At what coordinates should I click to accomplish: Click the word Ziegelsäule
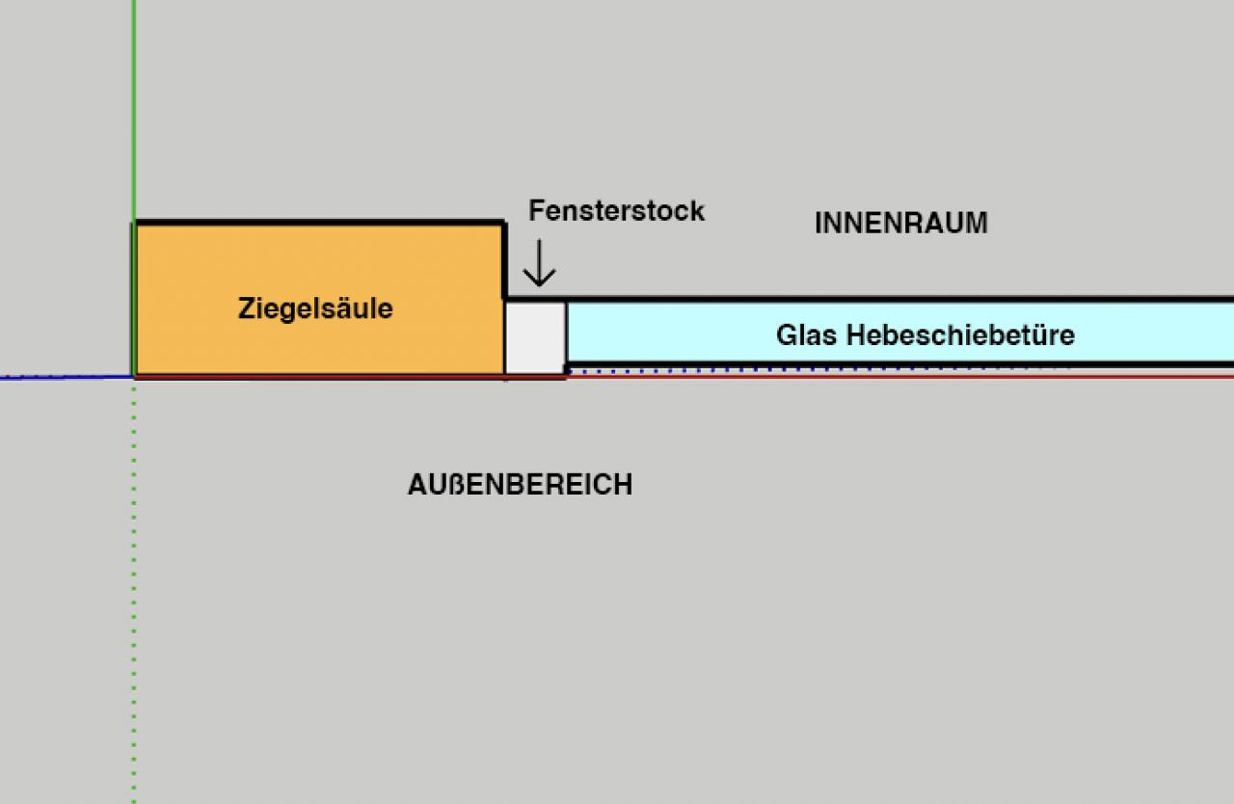pos(315,309)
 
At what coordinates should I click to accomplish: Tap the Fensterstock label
pos(616,211)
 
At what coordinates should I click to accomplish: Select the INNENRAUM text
pos(900,224)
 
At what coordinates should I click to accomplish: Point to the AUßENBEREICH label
pos(520,484)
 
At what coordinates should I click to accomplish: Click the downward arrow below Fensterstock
pos(539,262)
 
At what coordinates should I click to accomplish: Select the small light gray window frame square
pos(535,337)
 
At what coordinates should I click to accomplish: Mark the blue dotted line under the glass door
pos(819,369)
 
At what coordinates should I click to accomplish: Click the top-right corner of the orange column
pos(503,225)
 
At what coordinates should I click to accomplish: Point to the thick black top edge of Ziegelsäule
pos(318,224)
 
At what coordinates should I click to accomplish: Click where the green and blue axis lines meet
pos(134,376)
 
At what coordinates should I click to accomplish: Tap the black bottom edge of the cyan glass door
pos(897,363)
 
